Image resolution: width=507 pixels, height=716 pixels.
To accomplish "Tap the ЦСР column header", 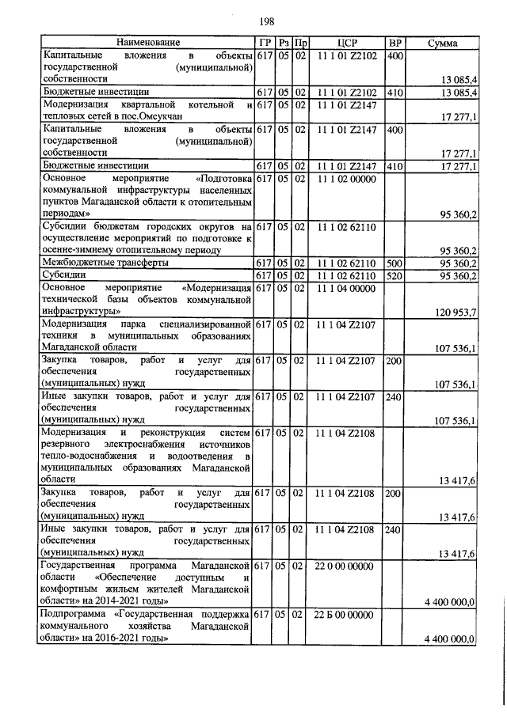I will click(x=349, y=42).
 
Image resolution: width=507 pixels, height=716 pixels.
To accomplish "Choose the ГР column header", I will click(x=265, y=42).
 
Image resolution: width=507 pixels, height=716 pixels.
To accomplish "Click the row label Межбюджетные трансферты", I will click(x=105, y=262).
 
